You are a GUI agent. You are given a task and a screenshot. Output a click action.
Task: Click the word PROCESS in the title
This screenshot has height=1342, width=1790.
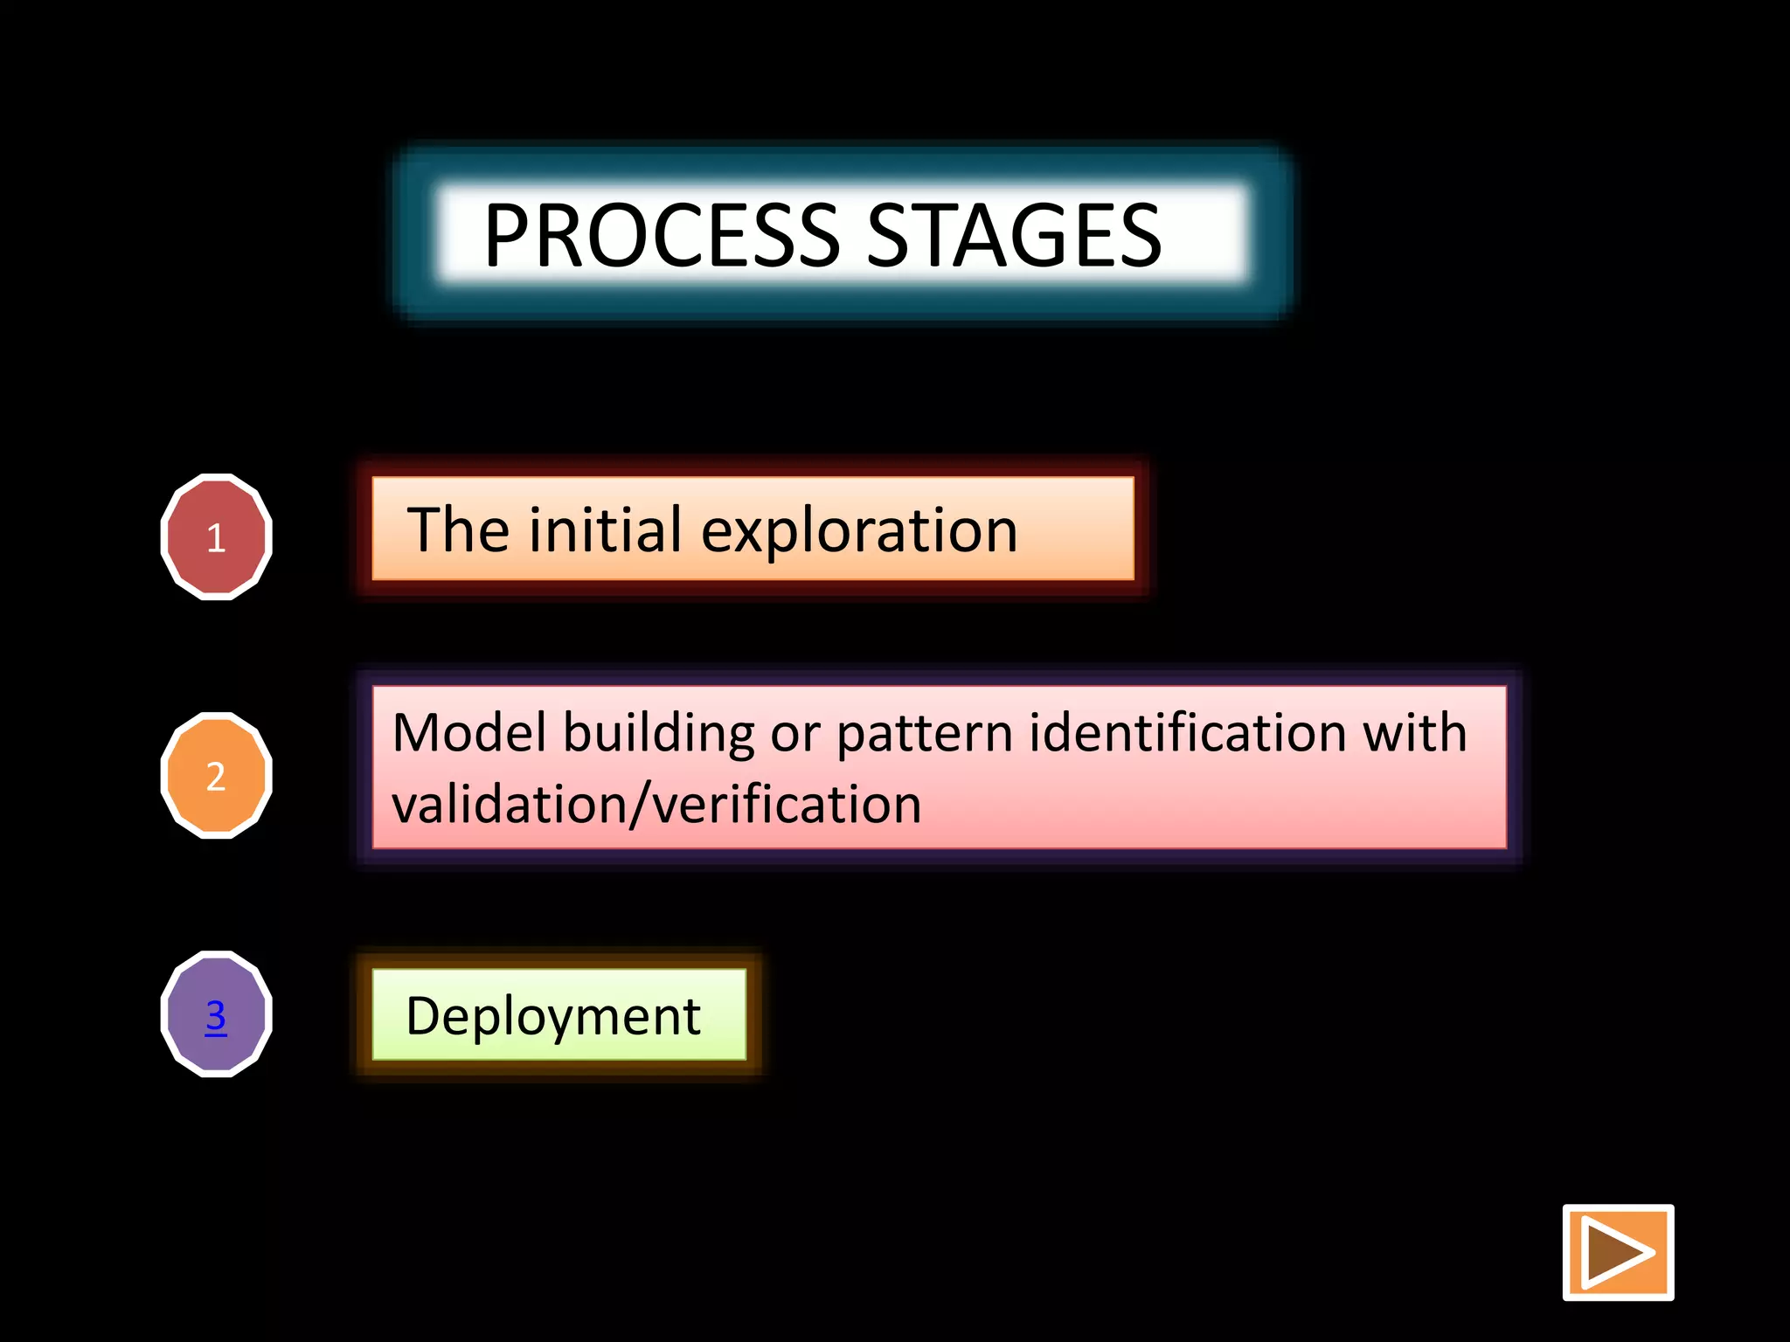tap(662, 236)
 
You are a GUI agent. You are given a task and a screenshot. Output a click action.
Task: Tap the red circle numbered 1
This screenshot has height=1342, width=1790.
tap(216, 536)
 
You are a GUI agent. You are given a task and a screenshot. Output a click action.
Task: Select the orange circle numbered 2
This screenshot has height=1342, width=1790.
tap(216, 775)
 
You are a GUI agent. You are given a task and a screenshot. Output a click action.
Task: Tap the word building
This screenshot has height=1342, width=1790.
tap(659, 734)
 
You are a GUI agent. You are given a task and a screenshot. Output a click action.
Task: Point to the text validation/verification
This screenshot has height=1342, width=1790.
tap(656, 805)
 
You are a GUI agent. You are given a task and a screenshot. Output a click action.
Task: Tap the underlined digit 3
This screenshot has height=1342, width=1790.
tap(216, 1014)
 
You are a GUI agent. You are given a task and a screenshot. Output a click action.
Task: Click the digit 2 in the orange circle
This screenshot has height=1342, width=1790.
tap(216, 776)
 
